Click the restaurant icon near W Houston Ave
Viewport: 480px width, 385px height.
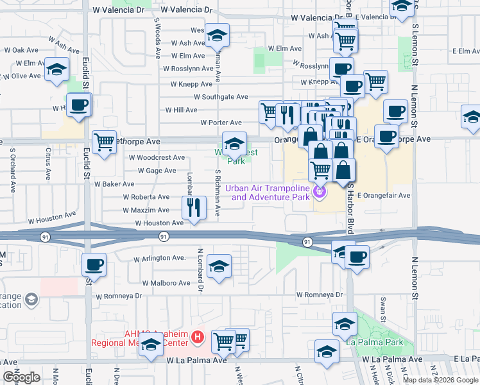[193, 207]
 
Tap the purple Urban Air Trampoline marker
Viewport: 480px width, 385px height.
[319, 191]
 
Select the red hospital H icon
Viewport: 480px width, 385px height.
[198, 336]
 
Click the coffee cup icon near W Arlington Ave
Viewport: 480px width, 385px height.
[94, 264]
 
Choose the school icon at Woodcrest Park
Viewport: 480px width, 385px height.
[234, 143]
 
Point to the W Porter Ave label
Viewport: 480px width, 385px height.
[221, 123]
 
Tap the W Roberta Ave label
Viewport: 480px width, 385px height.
[146, 197]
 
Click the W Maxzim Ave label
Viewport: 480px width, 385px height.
[146, 210]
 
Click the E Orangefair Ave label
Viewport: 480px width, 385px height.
[383, 195]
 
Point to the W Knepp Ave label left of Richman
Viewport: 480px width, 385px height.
[191, 84]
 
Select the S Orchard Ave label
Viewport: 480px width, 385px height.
[12, 171]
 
